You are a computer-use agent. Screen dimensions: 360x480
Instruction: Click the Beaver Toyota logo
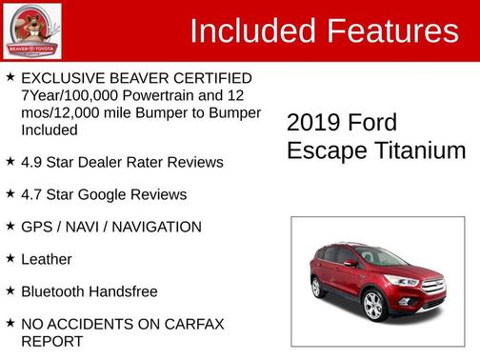pos(31,30)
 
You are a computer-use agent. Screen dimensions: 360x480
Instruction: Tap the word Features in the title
pos(391,31)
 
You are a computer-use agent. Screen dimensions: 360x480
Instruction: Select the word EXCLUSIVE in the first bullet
pos(67,77)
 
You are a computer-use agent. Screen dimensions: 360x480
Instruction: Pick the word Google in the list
pos(105,194)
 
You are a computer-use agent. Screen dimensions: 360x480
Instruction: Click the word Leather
pos(47,259)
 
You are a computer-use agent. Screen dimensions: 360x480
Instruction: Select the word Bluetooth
pos(55,291)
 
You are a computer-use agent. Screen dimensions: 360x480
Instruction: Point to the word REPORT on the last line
pos(51,340)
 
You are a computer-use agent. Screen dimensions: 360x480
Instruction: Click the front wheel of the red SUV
pos(373,305)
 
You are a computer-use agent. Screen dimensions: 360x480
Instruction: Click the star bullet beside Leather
pos(10,258)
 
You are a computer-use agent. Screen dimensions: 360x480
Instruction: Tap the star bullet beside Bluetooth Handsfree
pos(10,290)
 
